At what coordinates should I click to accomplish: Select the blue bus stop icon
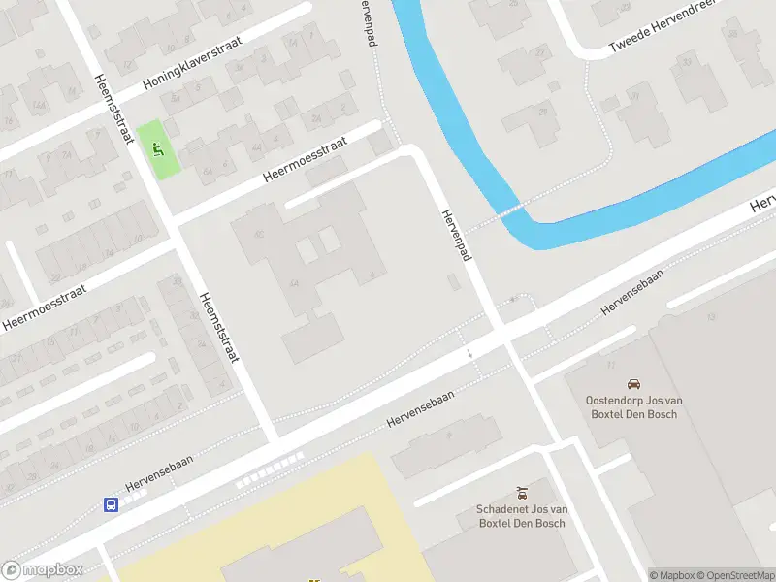click(112, 503)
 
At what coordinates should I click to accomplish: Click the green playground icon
click(157, 149)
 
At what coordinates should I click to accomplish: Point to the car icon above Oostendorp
click(633, 384)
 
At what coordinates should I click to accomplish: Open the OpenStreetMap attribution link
click(733, 575)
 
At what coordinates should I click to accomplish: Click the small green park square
click(157, 150)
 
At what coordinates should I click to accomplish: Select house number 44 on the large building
click(293, 282)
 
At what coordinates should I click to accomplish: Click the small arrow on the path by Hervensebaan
click(470, 354)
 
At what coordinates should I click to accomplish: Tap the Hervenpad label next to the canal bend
click(456, 234)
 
